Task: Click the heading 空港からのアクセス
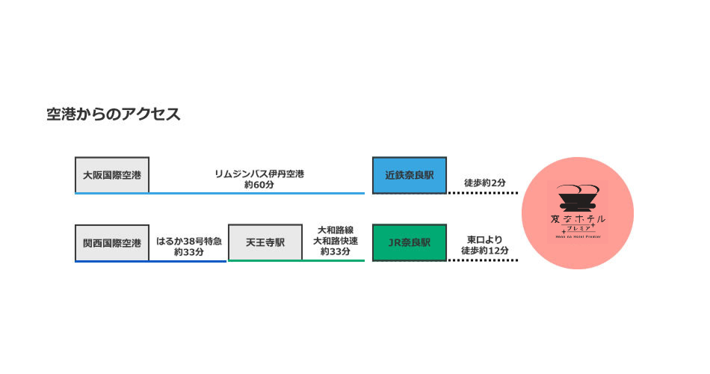(113, 114)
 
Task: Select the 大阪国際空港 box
(112, 175)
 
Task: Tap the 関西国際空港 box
(112, 242)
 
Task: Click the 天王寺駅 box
(265, 242)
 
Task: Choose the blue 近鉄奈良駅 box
(410, 175)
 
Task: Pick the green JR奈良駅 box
(410, 242)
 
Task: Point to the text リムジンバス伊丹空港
(259, 174)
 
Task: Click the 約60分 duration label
(259, 184)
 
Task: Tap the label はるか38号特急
(189, 241)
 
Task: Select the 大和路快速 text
(336, 241)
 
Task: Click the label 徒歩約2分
(484, 183)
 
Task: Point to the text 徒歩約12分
(484, 251)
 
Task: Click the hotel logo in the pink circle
(578, 209)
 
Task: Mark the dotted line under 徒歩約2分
(483, 193)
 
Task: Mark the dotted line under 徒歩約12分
(483, 260)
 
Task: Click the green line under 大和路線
(334, 260)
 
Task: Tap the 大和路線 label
(336, 230)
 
